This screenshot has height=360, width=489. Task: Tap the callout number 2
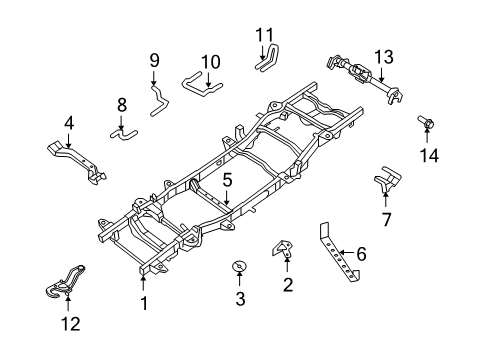[x=288, y=287]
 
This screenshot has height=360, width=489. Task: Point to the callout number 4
[x=69, y=125]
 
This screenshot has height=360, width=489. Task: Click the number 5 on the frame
[x=227, y=181]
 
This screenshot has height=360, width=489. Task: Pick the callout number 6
[x=361, y=254]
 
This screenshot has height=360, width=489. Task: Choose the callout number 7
[x=386, y=219]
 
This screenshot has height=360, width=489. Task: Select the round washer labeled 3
[x=240, y=266]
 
